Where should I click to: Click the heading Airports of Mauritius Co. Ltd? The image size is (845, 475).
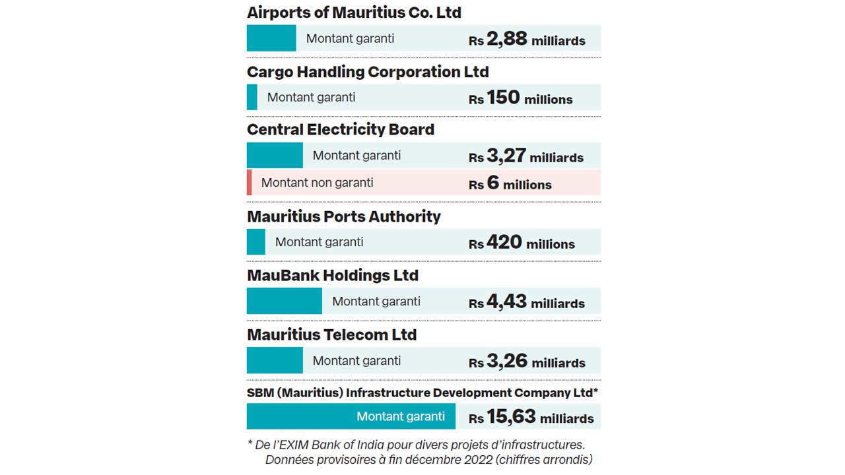pyautogui.click(x=354, y=13)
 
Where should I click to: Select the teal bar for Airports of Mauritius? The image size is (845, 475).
pyautogui.click(x=271, y=38)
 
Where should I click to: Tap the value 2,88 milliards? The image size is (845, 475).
pyautogui.click(x=527, y=40)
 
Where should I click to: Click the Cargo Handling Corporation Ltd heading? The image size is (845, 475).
pyautogui.click(x=368, y=72)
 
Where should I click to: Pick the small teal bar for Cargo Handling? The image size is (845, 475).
pyautogui.click(x=252, y=97)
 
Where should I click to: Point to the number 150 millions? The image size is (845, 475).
pyautogui.click(x=521, y=98)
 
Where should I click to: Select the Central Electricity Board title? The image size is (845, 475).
pyautogui.click(x=341, y=129)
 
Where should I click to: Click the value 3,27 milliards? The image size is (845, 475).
pyautogui.click(x=526, y=156)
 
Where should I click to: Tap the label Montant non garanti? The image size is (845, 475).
pyautogui.click(x=317, y=183)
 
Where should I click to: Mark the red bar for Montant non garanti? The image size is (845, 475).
pyautogui.click(x=250, y=183)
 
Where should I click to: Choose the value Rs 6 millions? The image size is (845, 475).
pyautogui.click(x=510, y=184)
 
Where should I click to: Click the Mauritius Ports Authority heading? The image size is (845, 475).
pyautogui.click(x=343, y=216)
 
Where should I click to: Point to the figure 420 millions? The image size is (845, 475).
pyautogui.click(x=522, y=243)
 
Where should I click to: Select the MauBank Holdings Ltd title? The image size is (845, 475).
pyautogui.click(x=333, y=275)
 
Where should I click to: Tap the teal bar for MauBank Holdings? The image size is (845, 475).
pyautogui.click(x=285, y=301)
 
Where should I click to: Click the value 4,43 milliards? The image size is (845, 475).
pyautogui.click(x=527, y=302)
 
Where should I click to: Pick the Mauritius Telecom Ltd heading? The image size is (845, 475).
pyautogui.click(x=331, y=334)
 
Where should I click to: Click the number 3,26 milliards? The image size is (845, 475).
pyautogui.click(x=527, y=362)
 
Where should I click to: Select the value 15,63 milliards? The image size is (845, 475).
pyautogui.click(x=531, y=418)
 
